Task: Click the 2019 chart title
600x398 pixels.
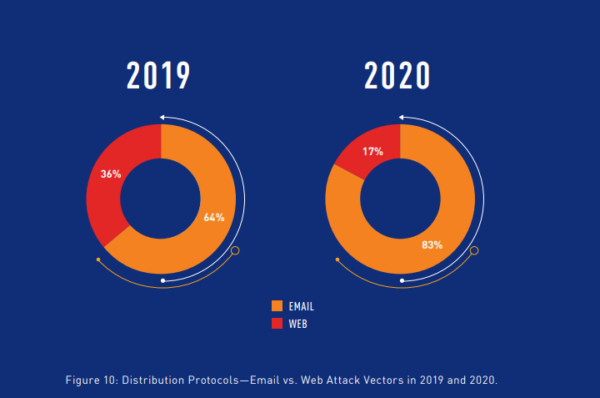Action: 159,76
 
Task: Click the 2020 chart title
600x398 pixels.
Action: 397,76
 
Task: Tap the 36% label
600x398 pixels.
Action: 111,174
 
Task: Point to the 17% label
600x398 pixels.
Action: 372,152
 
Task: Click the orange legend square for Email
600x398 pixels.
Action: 277,306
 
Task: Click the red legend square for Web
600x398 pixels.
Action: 277,323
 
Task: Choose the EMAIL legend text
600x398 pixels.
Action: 301,307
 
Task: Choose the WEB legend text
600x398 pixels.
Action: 297,324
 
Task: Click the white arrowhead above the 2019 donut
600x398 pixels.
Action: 163,117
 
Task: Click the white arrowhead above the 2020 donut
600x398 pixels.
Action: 402,117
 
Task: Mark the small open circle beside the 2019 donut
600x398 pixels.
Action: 235,250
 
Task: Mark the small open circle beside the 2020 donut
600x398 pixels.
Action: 474,250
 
